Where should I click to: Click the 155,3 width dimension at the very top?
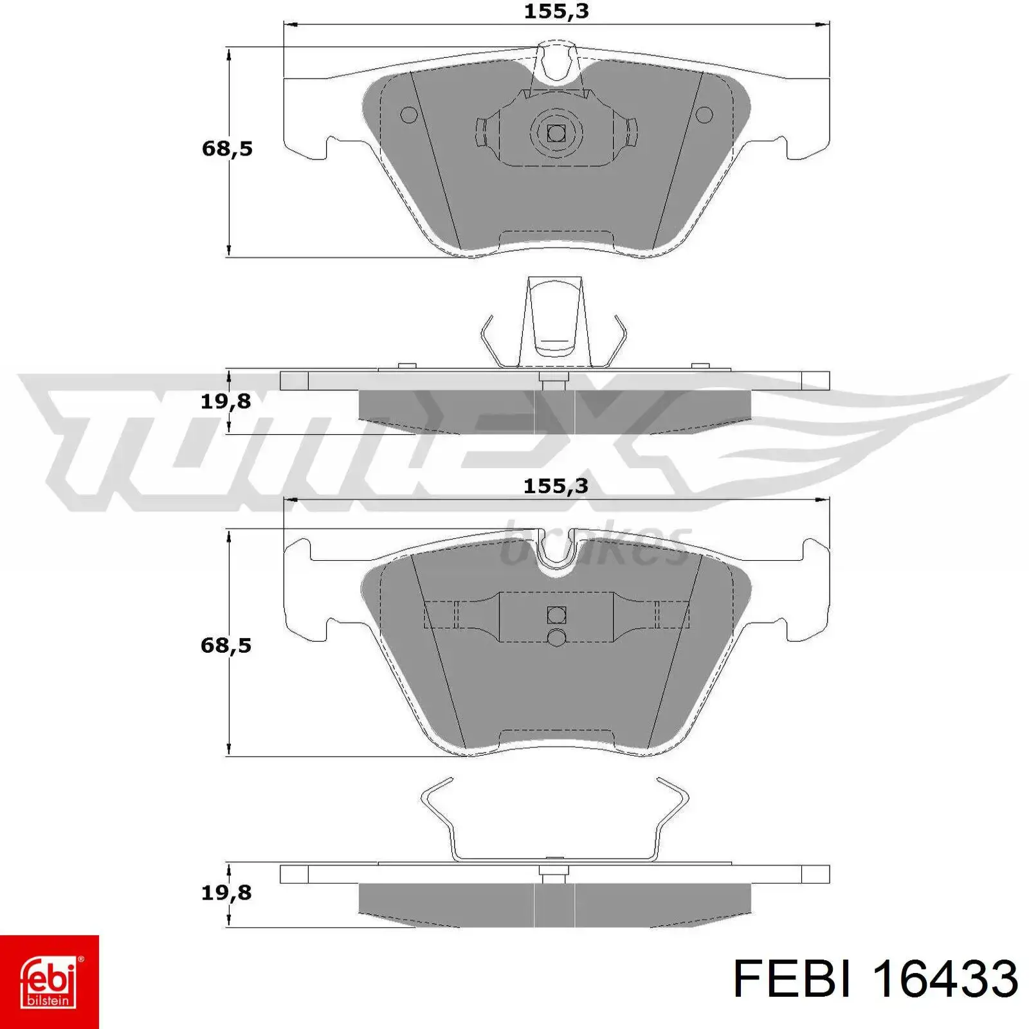click(556, 12)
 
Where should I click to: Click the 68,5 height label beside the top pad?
click(227, 149)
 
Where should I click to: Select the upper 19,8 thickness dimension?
click(226, 401)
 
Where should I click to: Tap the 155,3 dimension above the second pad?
click(556, 486)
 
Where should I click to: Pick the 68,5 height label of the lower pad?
click(226, 645)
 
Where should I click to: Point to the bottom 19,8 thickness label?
click(226, 893)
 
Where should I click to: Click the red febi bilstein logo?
click(50, 981)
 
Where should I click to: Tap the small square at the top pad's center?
click(556, 133)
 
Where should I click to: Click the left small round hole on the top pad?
click(409, 115)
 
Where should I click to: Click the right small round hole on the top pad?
click(705, 115)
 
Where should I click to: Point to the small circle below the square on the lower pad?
click(556, 637)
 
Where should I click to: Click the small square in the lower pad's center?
click(556, 615)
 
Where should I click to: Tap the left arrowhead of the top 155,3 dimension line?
click(290, 25)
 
